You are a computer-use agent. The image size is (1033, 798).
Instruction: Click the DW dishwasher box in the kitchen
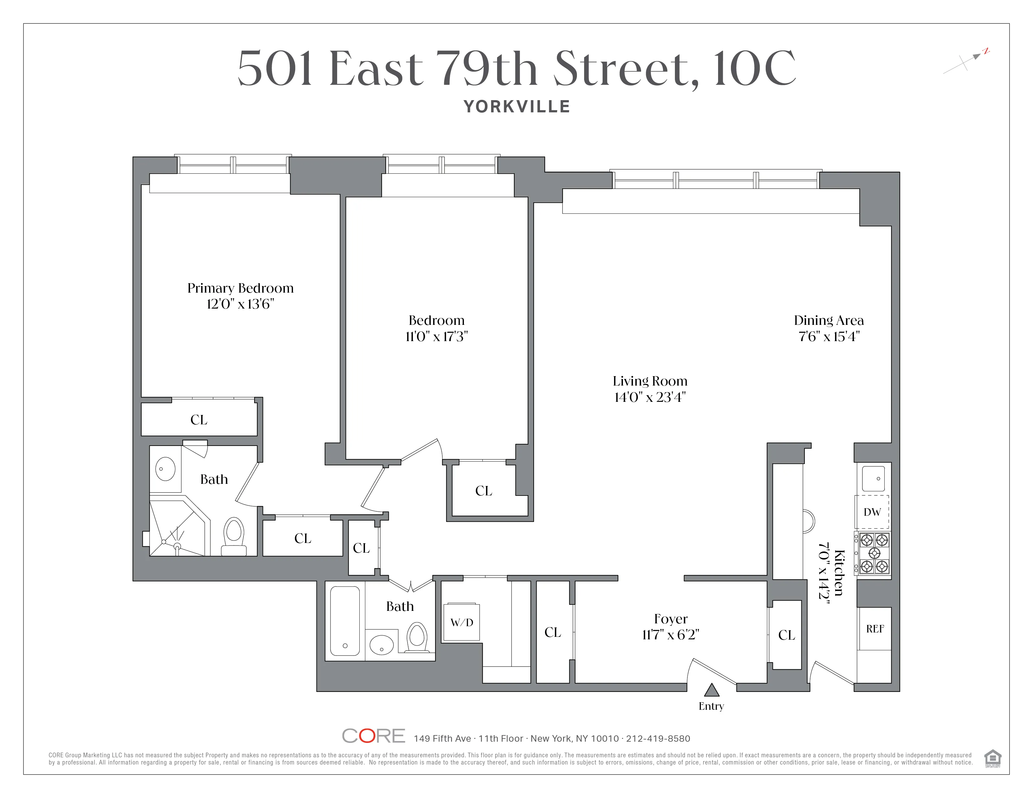(872, 512)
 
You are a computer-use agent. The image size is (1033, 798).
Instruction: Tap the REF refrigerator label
(875, 629)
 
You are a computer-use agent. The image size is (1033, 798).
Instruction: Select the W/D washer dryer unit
(462, 622)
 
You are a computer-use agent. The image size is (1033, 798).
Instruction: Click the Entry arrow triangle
(712, 691)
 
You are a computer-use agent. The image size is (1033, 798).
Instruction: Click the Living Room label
(650, 381)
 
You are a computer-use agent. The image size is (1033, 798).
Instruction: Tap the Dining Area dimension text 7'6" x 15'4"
(829, 337)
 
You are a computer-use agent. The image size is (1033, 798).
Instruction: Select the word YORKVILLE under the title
(516, 107)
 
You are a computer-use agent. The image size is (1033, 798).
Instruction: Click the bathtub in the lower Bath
(345, 621)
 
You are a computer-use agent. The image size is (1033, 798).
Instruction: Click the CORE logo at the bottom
(373, 736)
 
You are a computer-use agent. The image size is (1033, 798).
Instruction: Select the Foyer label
(671, 619)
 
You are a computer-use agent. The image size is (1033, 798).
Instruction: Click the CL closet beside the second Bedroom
(483, 491)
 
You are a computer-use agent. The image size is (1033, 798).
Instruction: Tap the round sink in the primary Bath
(165, 469)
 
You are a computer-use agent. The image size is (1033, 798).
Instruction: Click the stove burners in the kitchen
(874, 553)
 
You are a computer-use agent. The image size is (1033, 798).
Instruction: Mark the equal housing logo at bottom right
(992, 758)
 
